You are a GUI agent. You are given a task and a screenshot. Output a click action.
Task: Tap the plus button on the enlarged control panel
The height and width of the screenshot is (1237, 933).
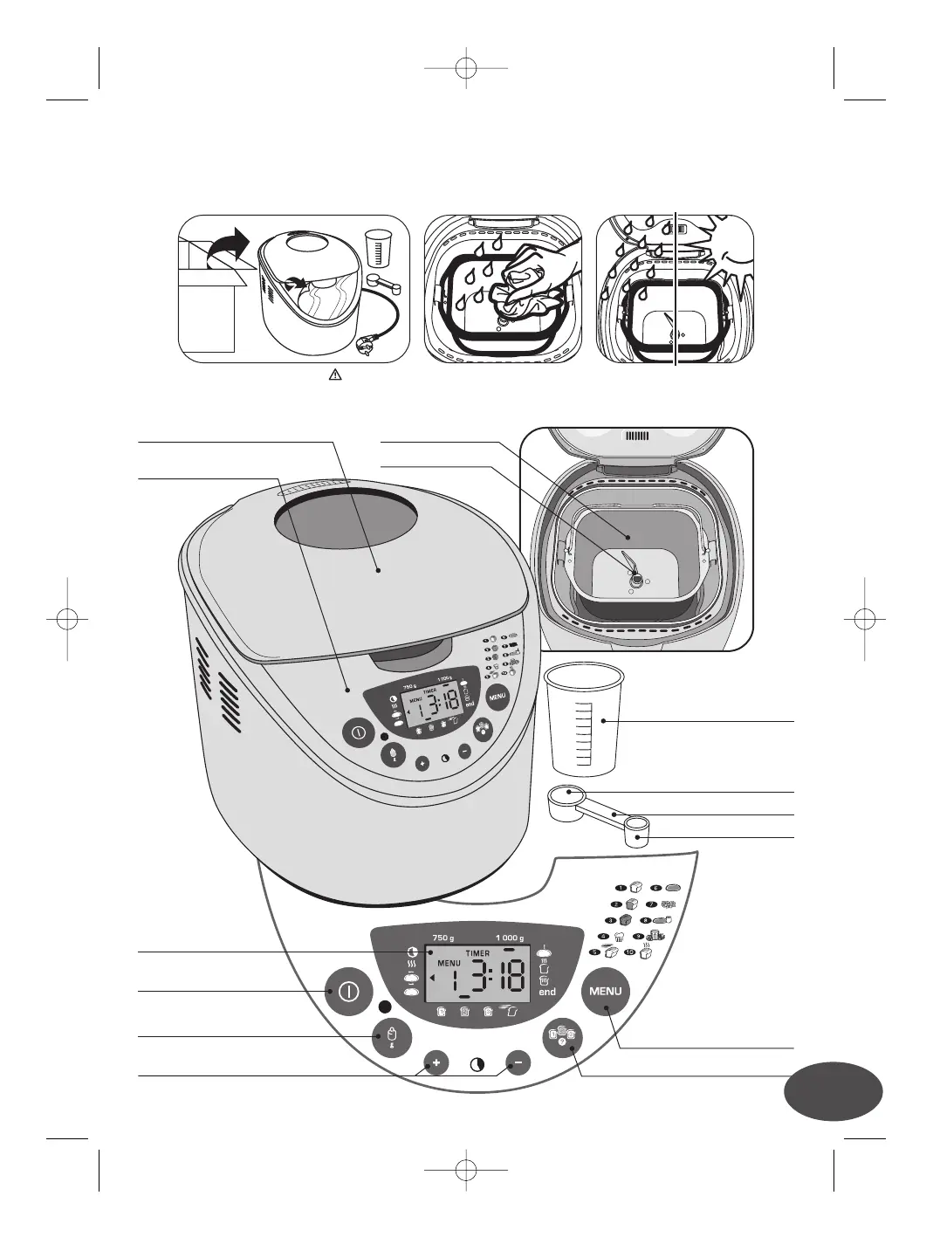tap(436, 1063)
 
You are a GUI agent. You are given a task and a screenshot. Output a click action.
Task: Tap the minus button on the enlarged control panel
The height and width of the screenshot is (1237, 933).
tap(518, 1063)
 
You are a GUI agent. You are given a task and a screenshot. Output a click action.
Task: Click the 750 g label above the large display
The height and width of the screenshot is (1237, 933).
tap(443, 938)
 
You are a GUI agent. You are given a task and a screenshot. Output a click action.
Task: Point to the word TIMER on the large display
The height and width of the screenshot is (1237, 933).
tap(478, 953)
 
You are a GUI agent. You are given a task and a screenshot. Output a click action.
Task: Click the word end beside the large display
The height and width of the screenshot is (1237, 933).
tap(547, 992)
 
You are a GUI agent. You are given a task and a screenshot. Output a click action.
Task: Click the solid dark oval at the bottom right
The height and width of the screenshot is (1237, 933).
tap(833, 1089)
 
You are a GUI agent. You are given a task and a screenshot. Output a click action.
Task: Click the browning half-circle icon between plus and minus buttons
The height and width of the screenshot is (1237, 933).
tap(477, 1065)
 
